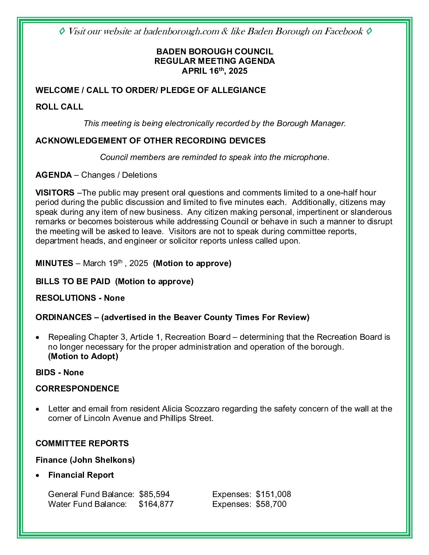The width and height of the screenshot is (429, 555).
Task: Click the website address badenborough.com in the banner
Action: click(181, 32)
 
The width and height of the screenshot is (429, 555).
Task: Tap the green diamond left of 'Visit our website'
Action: click(62, 31)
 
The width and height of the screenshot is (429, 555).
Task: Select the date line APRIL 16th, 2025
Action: click(214, 71)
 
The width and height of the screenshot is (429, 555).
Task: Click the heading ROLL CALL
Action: click(59, 107)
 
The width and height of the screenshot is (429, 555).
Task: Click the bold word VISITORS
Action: click(55, 193)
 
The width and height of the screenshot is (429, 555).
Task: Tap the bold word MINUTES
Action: click(54, 263)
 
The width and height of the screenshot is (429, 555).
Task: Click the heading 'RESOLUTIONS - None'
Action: click(80, 298)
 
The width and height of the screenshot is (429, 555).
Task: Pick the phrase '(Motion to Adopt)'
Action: click(83, 356)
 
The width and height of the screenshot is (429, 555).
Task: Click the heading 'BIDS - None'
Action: click(60, 372)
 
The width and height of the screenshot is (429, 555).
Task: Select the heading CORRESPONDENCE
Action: click(77, 389)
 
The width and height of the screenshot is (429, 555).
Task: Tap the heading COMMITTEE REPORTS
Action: click(82, 443)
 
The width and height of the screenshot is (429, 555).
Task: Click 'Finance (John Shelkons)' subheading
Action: click(85, 460)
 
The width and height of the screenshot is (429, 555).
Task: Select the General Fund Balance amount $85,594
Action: click(154, 494)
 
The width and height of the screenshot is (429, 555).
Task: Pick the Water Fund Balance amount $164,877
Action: click(156, 504)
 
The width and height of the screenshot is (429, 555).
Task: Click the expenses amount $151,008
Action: click(273, 494)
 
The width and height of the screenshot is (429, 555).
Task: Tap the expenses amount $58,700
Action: click(271, 504)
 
